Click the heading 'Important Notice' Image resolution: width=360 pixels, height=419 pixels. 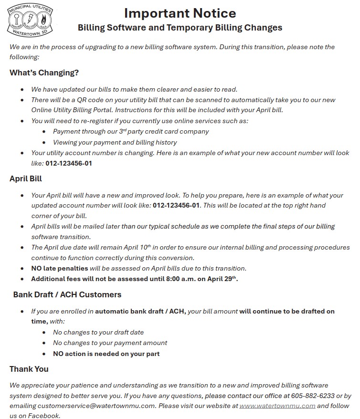(180, 13)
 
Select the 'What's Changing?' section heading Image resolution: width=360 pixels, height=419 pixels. (44, 73)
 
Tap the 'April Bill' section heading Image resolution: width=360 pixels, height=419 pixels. (26, 178)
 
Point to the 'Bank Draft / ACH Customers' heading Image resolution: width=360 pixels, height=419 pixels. (67, 294)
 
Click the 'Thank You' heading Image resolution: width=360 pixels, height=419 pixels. (29, 369)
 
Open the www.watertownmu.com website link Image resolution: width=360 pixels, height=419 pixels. (277, 406)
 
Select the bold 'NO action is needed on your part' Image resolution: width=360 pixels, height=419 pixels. (106, 354)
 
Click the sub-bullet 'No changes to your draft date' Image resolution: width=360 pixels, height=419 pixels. (98, 332)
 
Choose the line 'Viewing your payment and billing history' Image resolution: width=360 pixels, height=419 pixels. (115, 142)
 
